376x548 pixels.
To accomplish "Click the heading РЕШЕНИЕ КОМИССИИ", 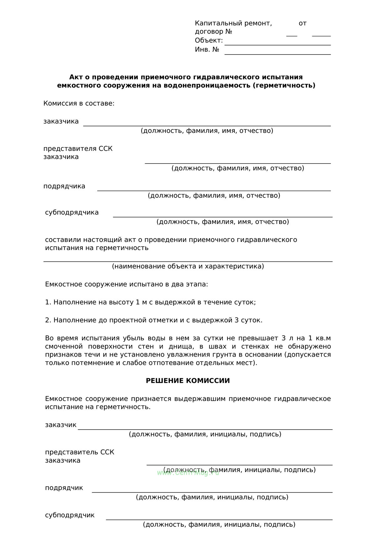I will (188, 381).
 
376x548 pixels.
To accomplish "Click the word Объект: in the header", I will (209, 41).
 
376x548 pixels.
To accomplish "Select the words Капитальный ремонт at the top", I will (233, 23).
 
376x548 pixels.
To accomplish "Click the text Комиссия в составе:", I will (79, 103).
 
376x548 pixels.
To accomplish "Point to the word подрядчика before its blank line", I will (64, 186).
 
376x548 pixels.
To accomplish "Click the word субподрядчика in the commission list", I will (72, 212).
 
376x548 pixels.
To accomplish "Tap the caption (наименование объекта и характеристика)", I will (188, 266).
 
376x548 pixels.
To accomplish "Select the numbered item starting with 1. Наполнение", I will (150, 302).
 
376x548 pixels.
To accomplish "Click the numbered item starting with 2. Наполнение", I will (154, 320).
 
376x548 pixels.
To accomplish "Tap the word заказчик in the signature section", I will (61, 425).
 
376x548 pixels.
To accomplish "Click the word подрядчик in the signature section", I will (64, 488).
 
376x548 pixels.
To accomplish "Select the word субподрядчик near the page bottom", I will (70, 515).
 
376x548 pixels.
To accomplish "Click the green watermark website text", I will (188, 473).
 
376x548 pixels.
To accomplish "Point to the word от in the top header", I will (302, 23).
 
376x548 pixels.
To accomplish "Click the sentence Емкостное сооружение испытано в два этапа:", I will (127, 284).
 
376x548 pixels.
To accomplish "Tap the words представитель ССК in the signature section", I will (80, 452).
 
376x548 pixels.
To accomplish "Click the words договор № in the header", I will (213, 32).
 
